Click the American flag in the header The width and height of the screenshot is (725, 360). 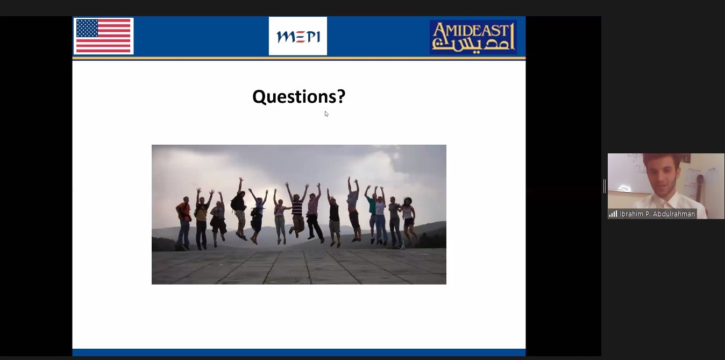pyautogui.click(x=103, y=36)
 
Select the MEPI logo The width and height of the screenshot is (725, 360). pyautogui.click(x=298, y=36)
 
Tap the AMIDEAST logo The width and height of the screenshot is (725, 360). pyautogui.click(x=473, y=37)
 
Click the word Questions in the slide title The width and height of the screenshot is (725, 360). pyautogui.click(x=294, y=97)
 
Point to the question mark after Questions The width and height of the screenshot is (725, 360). pyautogui.click(x=341, y=96)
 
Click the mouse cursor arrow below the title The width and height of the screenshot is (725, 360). pyautogui.click(x=326, y=114)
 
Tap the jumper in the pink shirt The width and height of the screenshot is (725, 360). pyautogui.click(x=314, y=213)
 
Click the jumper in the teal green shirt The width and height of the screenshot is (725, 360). pyautogui.click(x=372, y=214)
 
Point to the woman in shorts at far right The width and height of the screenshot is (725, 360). pyautogui.click(x=408, y=220)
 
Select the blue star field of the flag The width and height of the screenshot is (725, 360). pyautogui.click(x=87, y=28)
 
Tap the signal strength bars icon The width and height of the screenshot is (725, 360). pyautogui.click(x=613, y=214)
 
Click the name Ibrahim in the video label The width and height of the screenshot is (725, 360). pyautogui.click(x=631, y=214)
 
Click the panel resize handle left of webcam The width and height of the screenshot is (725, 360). pyautogui.click(x=605, y=186)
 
